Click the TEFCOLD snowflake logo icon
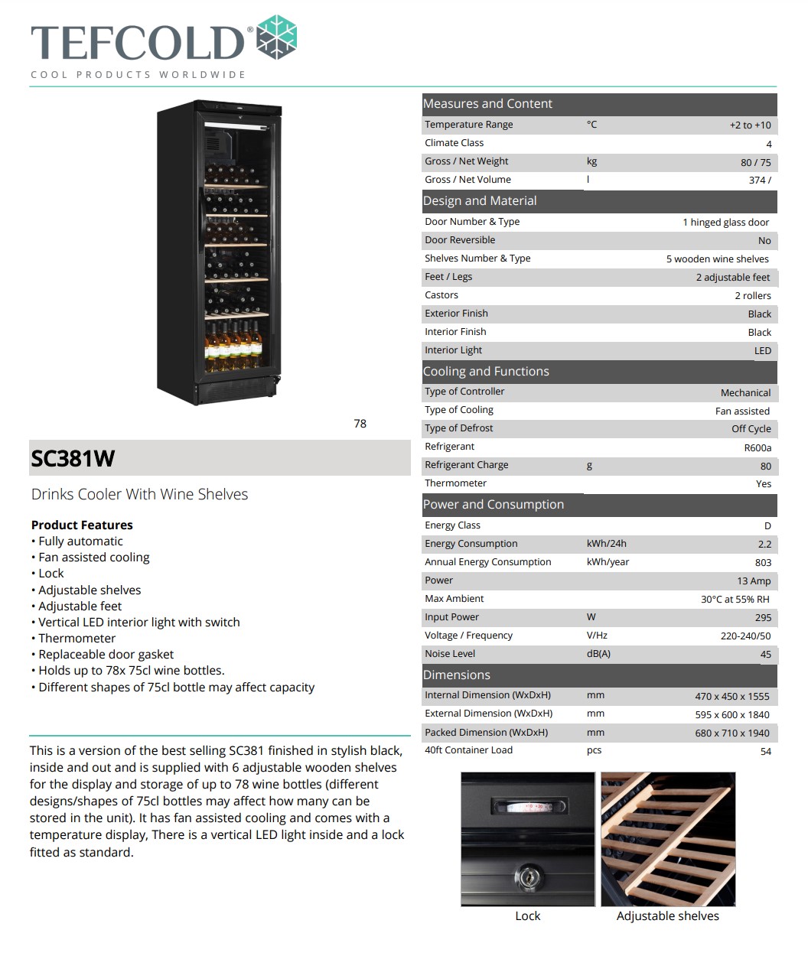[x=275, y=37]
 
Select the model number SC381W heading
[x=73, y=458]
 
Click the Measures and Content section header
[x=487, y=104]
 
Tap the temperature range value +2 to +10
[x=750, y=125]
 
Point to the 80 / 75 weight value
[x=755, y=162]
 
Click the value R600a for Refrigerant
[x=757, y=447]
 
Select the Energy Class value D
[x=767, y=525]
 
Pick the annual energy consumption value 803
[x=762, y=562]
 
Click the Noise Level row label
[x=450, y=654]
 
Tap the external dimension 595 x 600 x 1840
[x=731, y=714]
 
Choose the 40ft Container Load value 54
[x=765, y=751]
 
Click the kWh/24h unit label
[x=606, y=544]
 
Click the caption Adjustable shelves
[x=667, y=915]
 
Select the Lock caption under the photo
[x=527, y=915]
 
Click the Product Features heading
[x=82, y=525]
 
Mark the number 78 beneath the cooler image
[x=360, y=424]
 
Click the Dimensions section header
[x=457, y=675]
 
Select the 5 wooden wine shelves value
[x=717, y=259]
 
